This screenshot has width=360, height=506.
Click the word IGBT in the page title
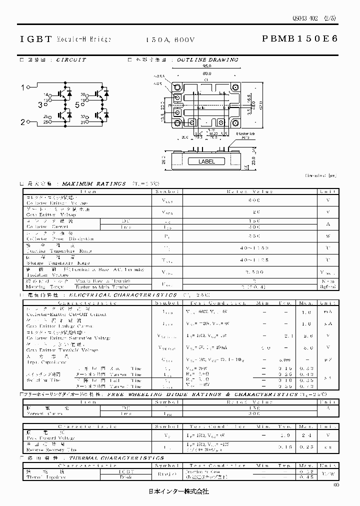(x=35, y=38)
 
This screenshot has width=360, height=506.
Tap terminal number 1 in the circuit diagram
(x=22, y=88)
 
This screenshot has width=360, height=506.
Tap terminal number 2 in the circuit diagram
(x=22, y=122)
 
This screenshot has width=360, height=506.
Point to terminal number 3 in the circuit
(x=39, y=105)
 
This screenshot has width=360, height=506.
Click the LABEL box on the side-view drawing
(x=206, y=161)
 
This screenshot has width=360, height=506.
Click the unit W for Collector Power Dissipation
(x=328, y=235)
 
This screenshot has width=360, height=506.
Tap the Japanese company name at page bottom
(x=179, y=491)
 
